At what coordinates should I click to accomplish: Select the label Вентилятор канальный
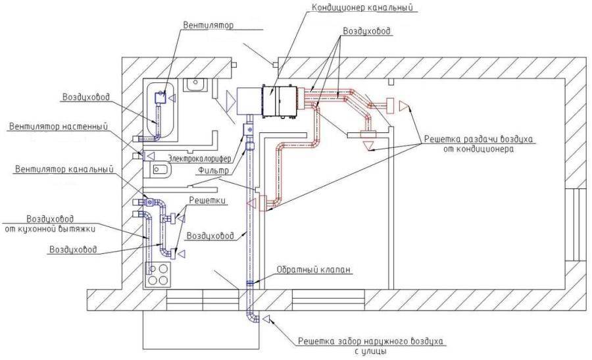pyautogui.click(x=64, y=169)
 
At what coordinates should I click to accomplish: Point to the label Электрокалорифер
pyautogui.click(x=199, y=159)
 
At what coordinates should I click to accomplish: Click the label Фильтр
pyautogui.click(x=214, y=170)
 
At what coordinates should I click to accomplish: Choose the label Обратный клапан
pyautogui.click(x=314, y=270)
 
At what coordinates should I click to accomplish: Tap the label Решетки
pyautogui.click(x=208, y=200)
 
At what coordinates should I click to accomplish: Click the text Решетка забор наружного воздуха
pyautogui.click(x=370, y=341)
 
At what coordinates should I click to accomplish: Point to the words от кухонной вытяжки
pyautogui.click(x=50, y=228)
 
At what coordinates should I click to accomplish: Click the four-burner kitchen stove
pyautogui.click(x=158, y=274)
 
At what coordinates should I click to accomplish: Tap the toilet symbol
pyautogui.click(x=157, y=170)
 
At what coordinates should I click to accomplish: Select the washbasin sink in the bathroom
pyautogui.click(x=195, y=85)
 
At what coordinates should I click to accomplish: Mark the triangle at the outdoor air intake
pyautogui.click(x=266, y=319)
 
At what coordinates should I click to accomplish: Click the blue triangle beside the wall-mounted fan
pyautogui.click(x=151, y=155)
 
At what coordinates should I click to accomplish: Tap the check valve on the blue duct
pyautogui.click(x=250, y=283)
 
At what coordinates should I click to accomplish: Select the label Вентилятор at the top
pyautogui.click(x=209, y=25)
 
